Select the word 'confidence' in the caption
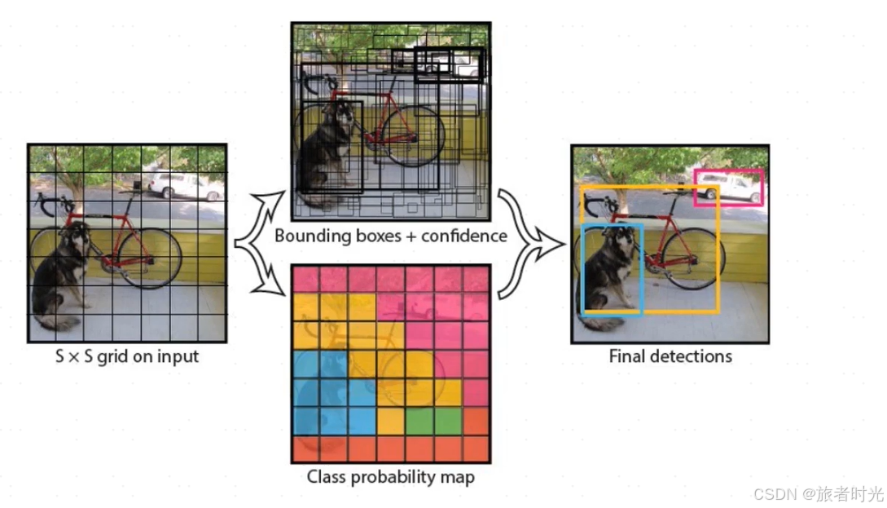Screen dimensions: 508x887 coord(467,236)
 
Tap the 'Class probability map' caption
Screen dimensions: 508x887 coord(391,476)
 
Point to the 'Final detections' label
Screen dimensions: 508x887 coord(670,356)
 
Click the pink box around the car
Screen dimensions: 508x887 coord(729,171)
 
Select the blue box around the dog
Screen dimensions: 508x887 coord(585,269)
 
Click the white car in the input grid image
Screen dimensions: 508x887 coord(183,185)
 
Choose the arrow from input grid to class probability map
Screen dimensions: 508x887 coord(262,269)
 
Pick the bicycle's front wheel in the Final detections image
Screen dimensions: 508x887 coord(693,259)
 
